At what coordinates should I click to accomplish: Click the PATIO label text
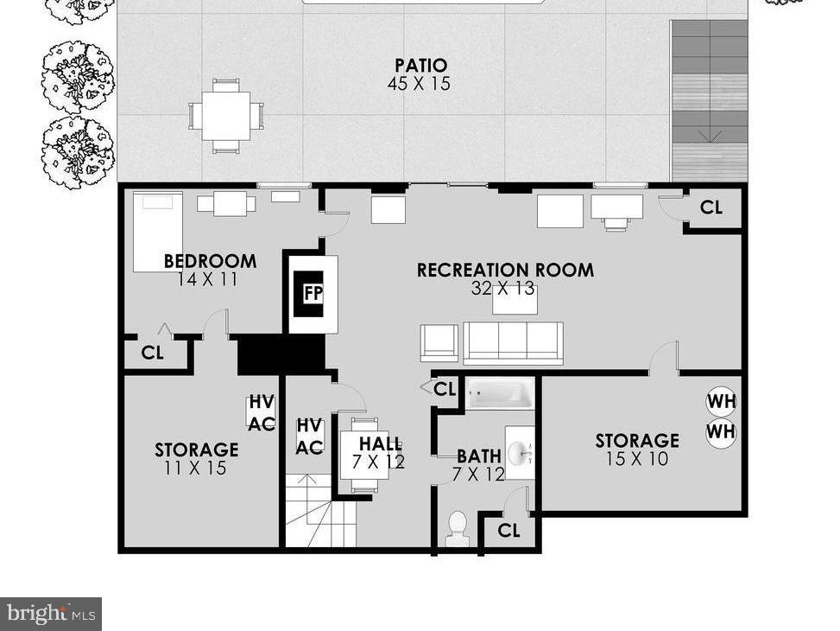(x=420, y=66)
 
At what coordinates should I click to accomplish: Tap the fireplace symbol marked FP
(x=312, y=292)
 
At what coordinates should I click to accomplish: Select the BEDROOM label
(x=210, y=261)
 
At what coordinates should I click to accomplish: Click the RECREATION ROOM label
(x=505, y=270)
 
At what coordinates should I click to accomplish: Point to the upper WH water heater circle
(x=721, y=402)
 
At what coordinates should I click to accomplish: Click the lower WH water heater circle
(x=721, y=431)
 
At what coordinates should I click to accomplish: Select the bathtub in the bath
(x=500, y=394)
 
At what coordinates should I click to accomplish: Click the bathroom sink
(x=519, y=452)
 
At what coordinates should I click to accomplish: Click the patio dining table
(x=226, y=116)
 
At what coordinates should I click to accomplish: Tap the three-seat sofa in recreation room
(x=513, y=342)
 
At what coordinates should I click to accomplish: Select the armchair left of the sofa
(x=439, y=342)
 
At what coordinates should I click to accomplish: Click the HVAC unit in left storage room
(x=262, y=413)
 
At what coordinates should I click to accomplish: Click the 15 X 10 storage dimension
(x=637, y=459)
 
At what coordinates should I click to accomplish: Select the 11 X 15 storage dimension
(x=196, y=468)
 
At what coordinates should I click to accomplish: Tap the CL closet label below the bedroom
(x=153, y=353)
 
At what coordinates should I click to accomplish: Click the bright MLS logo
(x=50, y=614)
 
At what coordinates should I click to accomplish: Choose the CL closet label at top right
(x=711, y=207)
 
